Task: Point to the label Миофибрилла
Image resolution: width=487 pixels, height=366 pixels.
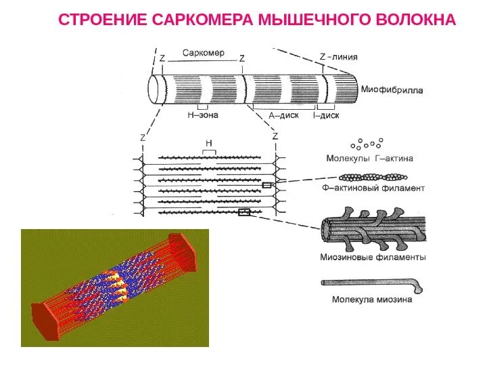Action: click(x=392, y=89)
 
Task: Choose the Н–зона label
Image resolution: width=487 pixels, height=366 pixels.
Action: click(x=203, y=115)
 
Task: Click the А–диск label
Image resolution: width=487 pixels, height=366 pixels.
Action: click(x=283, y=116)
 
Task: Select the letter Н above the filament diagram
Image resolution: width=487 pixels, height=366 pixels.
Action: click(x=209, y=143)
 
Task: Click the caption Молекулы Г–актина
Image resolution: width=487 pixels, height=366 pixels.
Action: click(x=369, y=159)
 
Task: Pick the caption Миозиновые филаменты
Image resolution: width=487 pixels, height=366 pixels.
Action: click(x=373, y=258)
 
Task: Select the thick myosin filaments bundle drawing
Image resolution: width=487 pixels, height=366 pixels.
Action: click(x=372, y=227)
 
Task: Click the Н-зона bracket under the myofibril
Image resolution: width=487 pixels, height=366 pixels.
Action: click(x=203, y=107)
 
